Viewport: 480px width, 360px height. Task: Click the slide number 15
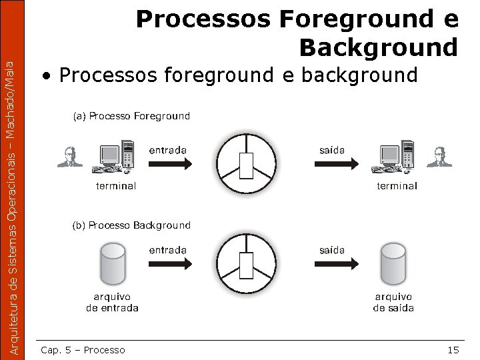[453, 350]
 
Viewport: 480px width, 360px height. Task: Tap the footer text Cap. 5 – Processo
[83, 350]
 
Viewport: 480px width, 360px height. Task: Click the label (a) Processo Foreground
[131, 116]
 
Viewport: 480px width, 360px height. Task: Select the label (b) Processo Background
[131, 225]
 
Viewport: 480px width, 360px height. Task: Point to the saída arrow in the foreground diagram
[332, 163]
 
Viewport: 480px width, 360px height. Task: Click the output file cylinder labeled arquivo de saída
[393, 263]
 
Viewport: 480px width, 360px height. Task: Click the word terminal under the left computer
[116, 186]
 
